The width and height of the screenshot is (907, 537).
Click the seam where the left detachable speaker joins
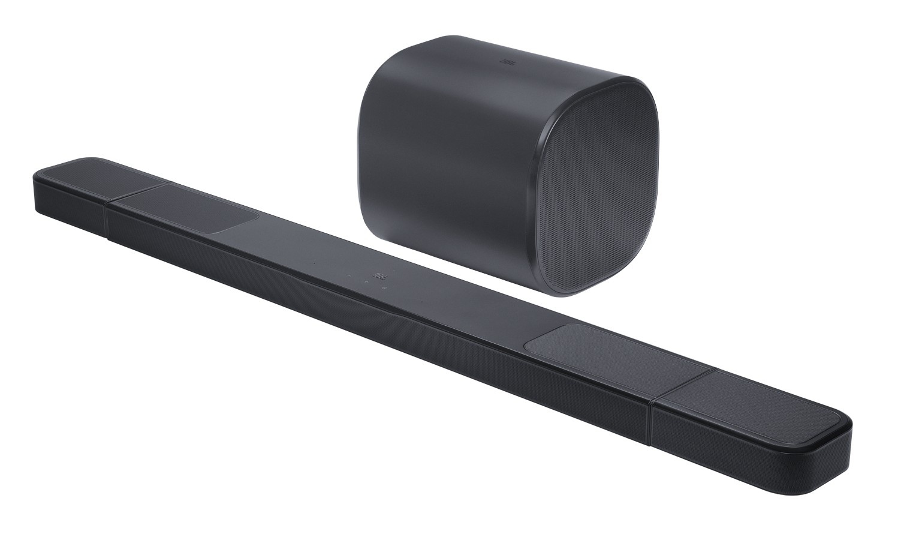[107, 216]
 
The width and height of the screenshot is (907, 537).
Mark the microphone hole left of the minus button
[312, 263]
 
